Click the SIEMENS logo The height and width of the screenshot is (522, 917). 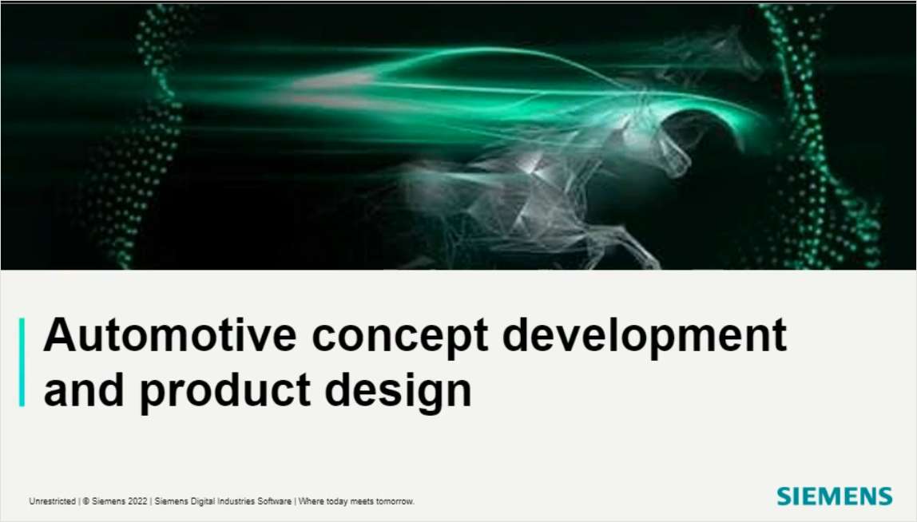coord(834,496)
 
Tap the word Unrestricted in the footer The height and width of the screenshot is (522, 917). coord(53,501)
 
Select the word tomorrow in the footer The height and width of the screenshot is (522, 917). coord(394,501)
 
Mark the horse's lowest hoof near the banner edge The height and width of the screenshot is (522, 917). coord(647,262)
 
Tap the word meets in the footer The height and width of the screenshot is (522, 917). coord(361,501)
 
